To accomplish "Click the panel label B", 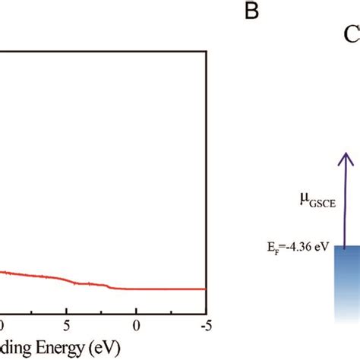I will pos(252,11).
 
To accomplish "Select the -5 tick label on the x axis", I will pos(204,325).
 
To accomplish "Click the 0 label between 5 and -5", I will pos(136,325).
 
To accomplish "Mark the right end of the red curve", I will pos(206,289).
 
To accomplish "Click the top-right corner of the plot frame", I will pos(207,51).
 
